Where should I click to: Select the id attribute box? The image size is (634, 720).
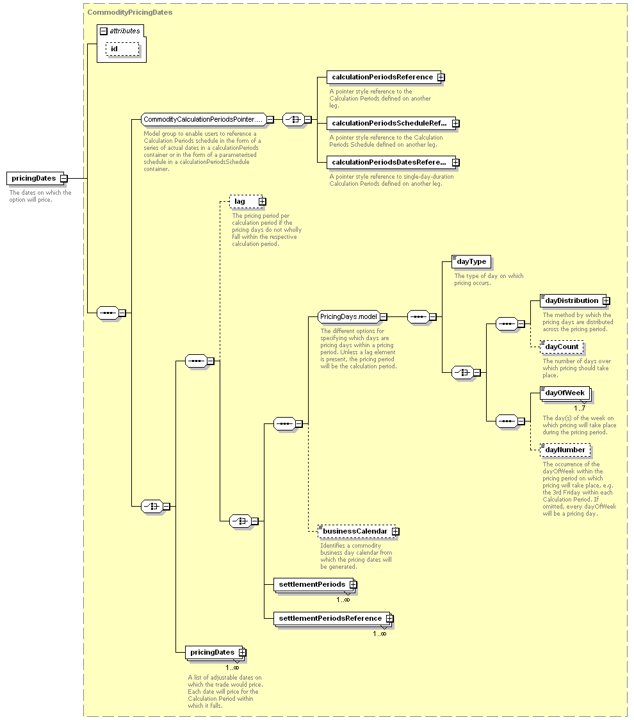[x=122, y=49]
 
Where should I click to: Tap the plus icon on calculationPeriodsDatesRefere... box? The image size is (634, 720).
[x=455, y=163]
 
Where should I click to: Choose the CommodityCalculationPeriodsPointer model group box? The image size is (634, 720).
[x=204, y=119]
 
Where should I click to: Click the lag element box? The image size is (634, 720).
[x=247, y=201]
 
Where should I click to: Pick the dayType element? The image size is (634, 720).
[x=471, y=262]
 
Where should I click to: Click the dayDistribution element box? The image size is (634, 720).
[x=575, y=301]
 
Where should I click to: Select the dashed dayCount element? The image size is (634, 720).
[x=562, y=347]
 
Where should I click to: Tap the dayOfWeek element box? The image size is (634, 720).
[x=565, y=393]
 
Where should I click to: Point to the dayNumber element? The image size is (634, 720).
[x=565, y=450]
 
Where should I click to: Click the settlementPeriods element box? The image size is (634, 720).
[x=315, y=585]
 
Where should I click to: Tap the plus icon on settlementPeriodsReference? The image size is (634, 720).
[x=390, y=619]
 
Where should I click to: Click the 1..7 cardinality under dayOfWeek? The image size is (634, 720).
[x=580, y=408]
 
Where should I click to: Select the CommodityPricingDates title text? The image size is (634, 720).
[x=130, y=12]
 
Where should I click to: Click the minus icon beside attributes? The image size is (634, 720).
[x=104, y=31]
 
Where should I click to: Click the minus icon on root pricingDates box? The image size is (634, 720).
[x=64, y=178]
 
